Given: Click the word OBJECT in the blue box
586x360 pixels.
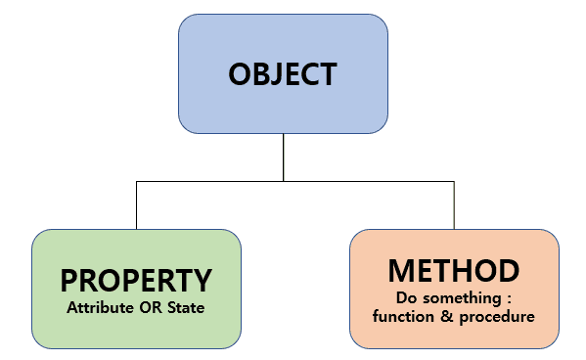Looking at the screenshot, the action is point(283,74).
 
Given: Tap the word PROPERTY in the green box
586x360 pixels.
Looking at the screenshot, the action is point(136,281).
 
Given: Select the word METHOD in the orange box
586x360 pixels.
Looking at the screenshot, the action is point(454,271).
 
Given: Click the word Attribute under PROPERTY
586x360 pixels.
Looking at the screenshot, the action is point(100,308).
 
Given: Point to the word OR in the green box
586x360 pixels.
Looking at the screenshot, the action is point(151,308).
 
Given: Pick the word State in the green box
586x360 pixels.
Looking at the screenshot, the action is point(186,308).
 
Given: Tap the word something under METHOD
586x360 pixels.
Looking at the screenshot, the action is point(463,298).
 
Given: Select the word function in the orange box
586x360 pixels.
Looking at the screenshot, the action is point(403,316).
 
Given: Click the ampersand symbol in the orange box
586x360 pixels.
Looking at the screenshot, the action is point(447,316).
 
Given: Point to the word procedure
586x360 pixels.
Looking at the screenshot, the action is point(497,317).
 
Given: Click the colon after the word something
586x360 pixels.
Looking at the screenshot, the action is point(509,299).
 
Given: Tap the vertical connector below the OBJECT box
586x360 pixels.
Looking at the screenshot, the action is point(284,157).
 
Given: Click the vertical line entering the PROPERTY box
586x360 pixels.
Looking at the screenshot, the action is point(136,205).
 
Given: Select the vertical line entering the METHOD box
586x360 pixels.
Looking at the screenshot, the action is point(454,205).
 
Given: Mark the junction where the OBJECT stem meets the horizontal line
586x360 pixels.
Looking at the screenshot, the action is point(284,181).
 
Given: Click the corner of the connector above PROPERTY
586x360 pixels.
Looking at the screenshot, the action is point(136,181).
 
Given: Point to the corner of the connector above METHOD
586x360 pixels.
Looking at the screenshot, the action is point(454,181).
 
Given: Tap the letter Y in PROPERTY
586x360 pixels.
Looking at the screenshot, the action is point(203,281).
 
